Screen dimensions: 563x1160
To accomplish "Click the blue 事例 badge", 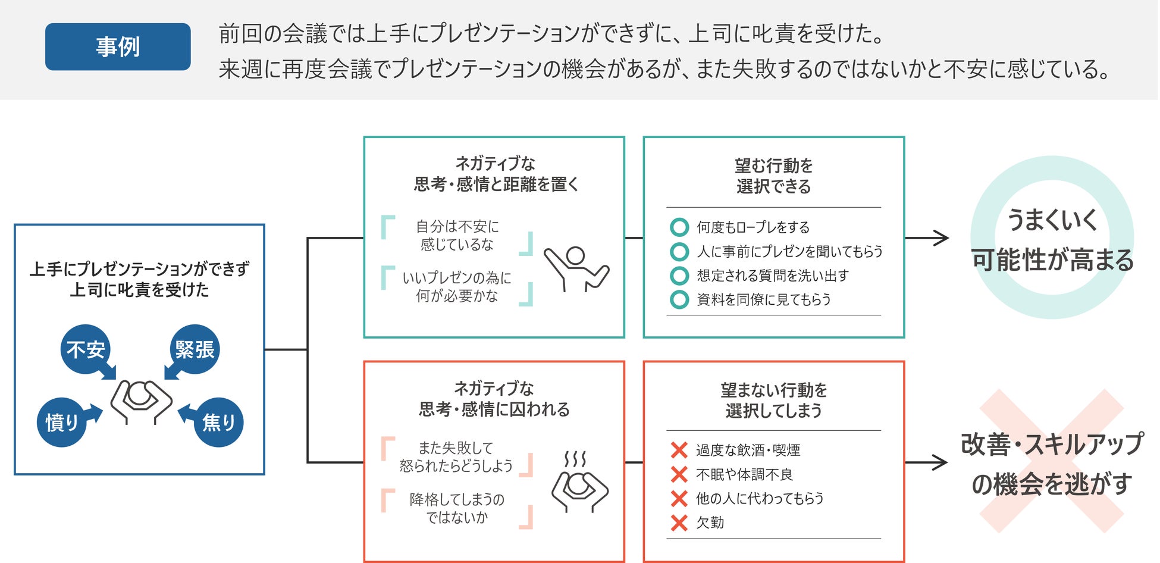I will pyautogui.click(x=118, y=46).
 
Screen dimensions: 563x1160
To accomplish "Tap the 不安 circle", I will pyautogui.click(x=86, y=349).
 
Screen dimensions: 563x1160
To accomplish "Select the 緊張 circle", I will pyautogui.click(x=195, y=349).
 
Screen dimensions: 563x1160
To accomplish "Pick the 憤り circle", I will pyautogui.click(x=62, y=422).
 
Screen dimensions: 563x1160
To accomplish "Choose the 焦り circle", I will pyautogui.click(x=218, y=422).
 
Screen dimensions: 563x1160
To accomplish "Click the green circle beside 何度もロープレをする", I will pyautogui.click(x=679, y=227).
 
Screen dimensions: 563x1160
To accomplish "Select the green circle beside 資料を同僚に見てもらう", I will pyautogui.click(x=679, y=299).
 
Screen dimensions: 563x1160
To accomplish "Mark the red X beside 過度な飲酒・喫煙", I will pyautogui.click(x=679, y=450).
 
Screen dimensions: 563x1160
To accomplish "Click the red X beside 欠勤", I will pyautogui.click(x=679, y=523).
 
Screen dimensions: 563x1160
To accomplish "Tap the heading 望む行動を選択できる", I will pyautogui.click(x=773, y=176).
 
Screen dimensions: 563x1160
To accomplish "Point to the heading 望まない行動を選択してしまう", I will pyautogui.click(x=773, y=400).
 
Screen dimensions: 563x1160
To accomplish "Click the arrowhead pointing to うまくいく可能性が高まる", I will pyautogui.click(x=942, y=238).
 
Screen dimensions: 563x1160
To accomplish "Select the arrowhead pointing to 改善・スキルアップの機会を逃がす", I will pyautogui.click(x=940, y=462).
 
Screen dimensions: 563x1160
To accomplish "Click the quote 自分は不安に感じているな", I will pyautogui.click(x=457, y=235).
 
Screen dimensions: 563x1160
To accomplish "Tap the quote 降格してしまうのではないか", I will pyautogui.click(x=457, y=508).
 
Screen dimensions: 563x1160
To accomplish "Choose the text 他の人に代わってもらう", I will pyautogui.click(x=760, y=498).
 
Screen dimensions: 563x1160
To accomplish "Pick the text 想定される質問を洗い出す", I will pyautogui.click(x=772, y=276).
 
